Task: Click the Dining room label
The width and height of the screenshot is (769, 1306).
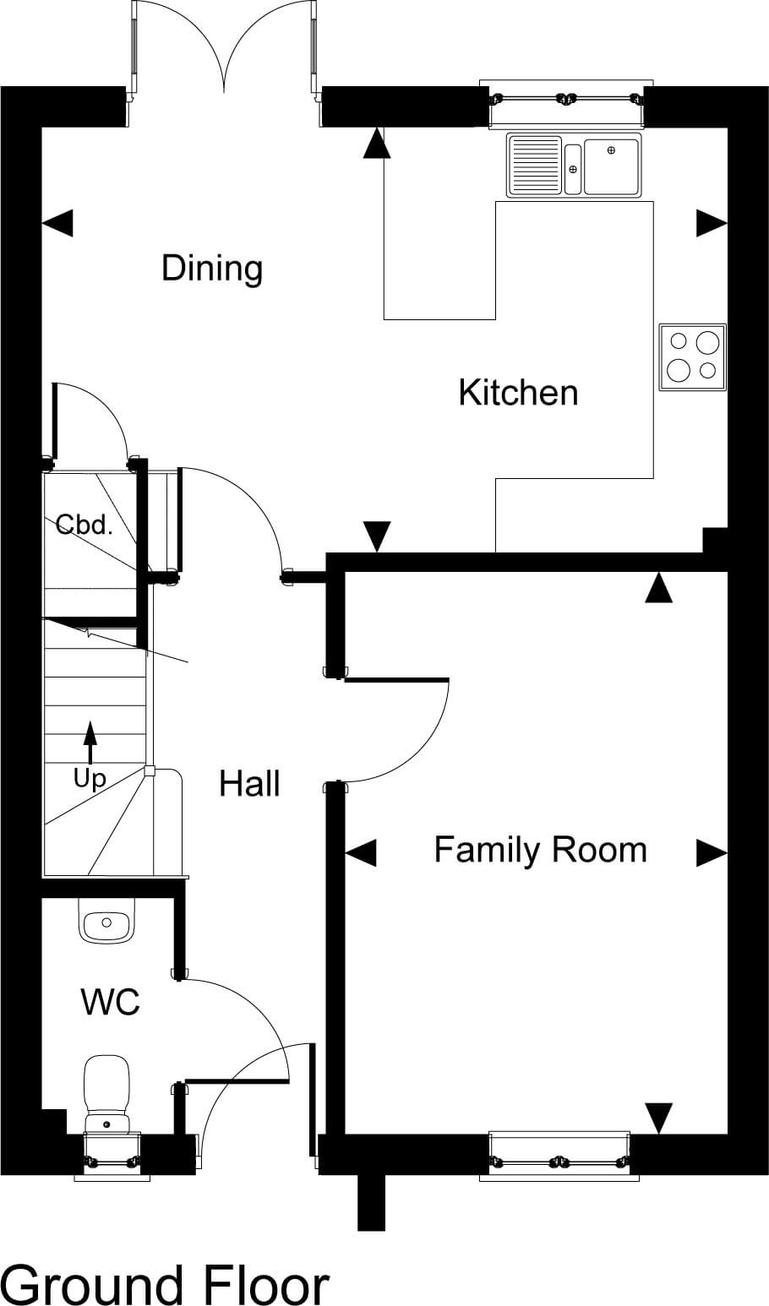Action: (212, 269)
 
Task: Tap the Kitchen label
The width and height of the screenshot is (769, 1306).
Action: (518, 392)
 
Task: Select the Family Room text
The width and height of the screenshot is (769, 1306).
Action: (540, 850)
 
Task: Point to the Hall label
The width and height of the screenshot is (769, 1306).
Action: (250, 784)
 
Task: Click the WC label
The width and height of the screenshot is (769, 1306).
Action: (111, 1002)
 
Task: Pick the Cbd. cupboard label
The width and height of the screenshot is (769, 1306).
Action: (84, 525)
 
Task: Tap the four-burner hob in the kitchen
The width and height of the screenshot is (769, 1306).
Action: (693, 356)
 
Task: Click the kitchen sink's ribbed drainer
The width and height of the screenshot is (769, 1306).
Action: (535, 165)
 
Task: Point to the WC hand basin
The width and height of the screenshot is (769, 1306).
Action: (106, 921)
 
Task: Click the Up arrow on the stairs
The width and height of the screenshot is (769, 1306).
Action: (90, 743)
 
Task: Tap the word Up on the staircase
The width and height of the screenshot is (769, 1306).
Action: (90, 778)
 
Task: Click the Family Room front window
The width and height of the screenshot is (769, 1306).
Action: (559, 1156)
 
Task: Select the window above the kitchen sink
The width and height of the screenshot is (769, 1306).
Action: (566, 102)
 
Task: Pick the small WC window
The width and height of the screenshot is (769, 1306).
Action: (112, 1156)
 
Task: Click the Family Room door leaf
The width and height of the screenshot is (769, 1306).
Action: (396, 680)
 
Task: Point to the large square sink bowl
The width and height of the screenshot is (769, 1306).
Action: (612, 166)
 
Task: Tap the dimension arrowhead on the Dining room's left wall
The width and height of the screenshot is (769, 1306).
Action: (57, 223)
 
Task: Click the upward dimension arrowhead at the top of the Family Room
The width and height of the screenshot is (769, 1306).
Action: (659, 587)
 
